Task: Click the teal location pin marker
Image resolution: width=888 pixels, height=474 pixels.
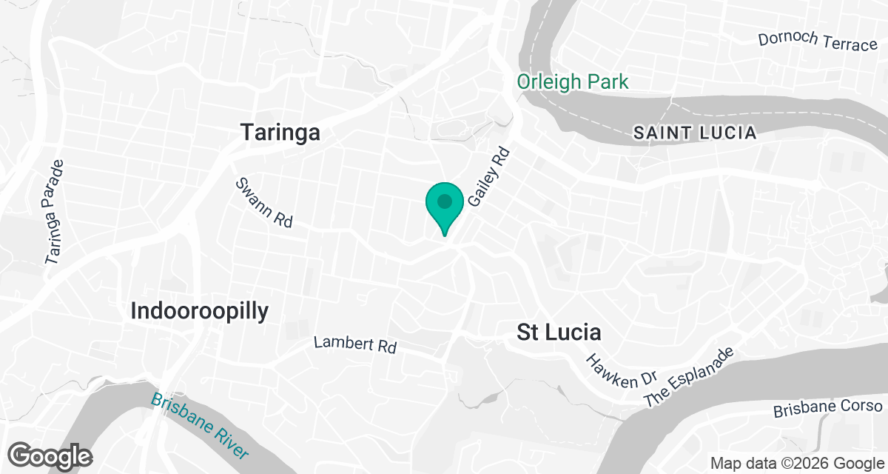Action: pos(445,207)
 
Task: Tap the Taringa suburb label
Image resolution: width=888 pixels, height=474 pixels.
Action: pos(280,133)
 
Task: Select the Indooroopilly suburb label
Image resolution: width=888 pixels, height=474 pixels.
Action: pos(199,311)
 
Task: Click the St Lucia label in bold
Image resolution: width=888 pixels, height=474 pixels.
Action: pos(559,333)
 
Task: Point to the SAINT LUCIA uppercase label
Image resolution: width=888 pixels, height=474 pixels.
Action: pos(695,133)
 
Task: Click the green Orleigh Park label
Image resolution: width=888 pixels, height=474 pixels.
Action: pos(573,81)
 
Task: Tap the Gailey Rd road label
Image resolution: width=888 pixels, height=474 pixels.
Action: pos(490,176)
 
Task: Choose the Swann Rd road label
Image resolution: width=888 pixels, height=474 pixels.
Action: pos(264,202)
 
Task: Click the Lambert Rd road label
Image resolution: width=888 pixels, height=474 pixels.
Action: pos(355,344)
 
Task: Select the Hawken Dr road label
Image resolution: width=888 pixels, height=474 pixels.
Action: pos(610,370)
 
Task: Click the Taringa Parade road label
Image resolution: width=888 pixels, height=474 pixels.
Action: pos(56,212)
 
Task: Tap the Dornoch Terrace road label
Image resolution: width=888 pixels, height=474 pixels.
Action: pos(818,41)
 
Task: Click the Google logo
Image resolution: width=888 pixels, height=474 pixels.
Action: pos(50,455)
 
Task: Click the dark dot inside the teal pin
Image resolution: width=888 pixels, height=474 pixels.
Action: pos(445,201)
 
